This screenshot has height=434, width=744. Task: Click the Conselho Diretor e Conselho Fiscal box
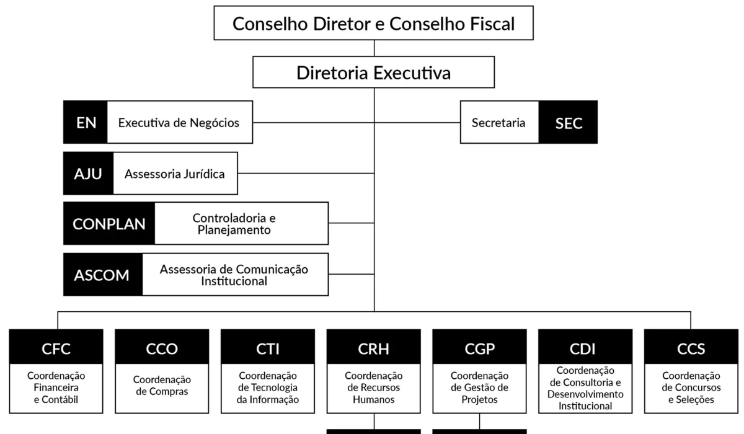374,24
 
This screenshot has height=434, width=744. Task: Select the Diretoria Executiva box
374,73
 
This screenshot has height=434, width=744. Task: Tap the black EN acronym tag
86,122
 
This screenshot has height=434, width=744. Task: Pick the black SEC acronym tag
569,122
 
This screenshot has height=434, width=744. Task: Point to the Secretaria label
498,122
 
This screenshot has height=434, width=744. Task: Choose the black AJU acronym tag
88,174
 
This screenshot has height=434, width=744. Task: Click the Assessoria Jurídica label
175,174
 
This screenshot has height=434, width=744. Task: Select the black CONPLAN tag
109,223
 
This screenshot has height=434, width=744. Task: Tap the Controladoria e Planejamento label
234,224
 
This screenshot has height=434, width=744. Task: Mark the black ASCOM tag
102,275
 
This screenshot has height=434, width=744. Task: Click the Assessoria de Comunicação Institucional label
234,275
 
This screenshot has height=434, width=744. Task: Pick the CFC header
56,349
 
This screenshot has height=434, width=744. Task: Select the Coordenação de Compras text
162,385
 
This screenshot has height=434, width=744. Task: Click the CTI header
268,349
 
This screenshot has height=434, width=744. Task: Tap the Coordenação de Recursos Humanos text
374,387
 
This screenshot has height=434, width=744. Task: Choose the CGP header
479,349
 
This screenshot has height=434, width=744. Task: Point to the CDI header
585,349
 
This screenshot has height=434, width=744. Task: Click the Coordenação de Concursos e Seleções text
691,387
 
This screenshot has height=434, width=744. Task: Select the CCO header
162,349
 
